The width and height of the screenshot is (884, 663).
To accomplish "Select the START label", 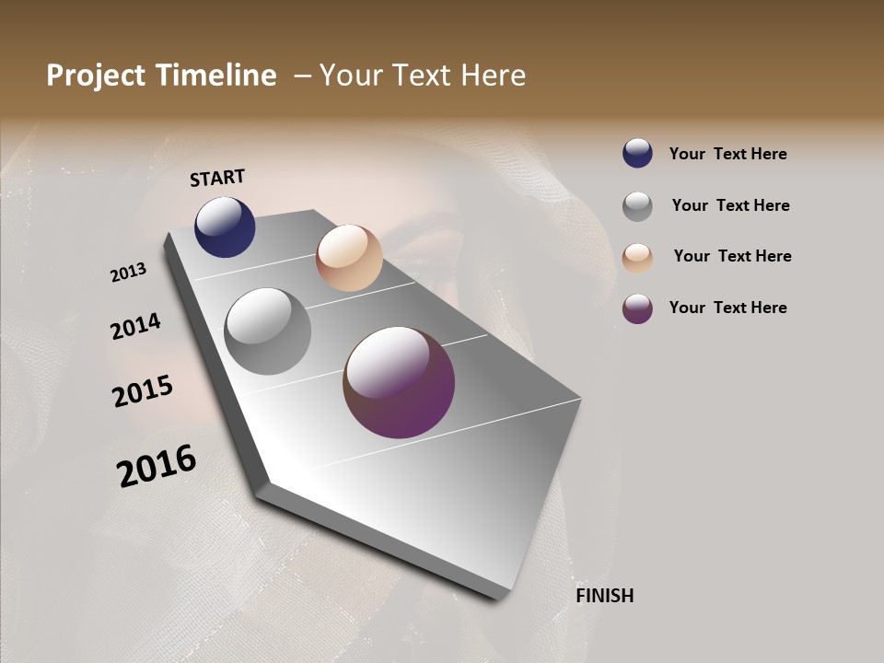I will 217,178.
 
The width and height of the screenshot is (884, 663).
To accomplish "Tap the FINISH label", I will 605,596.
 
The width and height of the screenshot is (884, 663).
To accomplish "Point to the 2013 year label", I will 129,272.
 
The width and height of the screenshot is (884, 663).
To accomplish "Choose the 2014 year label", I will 135,326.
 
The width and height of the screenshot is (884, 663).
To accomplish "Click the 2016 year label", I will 157,466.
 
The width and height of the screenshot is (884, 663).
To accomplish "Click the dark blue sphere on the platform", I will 225,227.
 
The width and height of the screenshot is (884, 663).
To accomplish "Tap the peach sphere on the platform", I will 349,257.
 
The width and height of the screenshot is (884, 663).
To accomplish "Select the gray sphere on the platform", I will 267,331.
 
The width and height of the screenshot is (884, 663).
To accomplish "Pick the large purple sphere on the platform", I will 399,382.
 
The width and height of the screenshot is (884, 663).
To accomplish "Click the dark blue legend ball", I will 637,153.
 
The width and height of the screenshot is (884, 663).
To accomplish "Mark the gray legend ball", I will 637,206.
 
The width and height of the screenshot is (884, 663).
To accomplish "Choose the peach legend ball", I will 637,258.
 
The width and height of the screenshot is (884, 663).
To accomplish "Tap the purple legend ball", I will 637,308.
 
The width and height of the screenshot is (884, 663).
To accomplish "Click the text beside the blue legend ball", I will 727,155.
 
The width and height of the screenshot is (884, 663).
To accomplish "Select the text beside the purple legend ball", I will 727,308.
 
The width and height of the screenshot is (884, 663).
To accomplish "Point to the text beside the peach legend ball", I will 732,256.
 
